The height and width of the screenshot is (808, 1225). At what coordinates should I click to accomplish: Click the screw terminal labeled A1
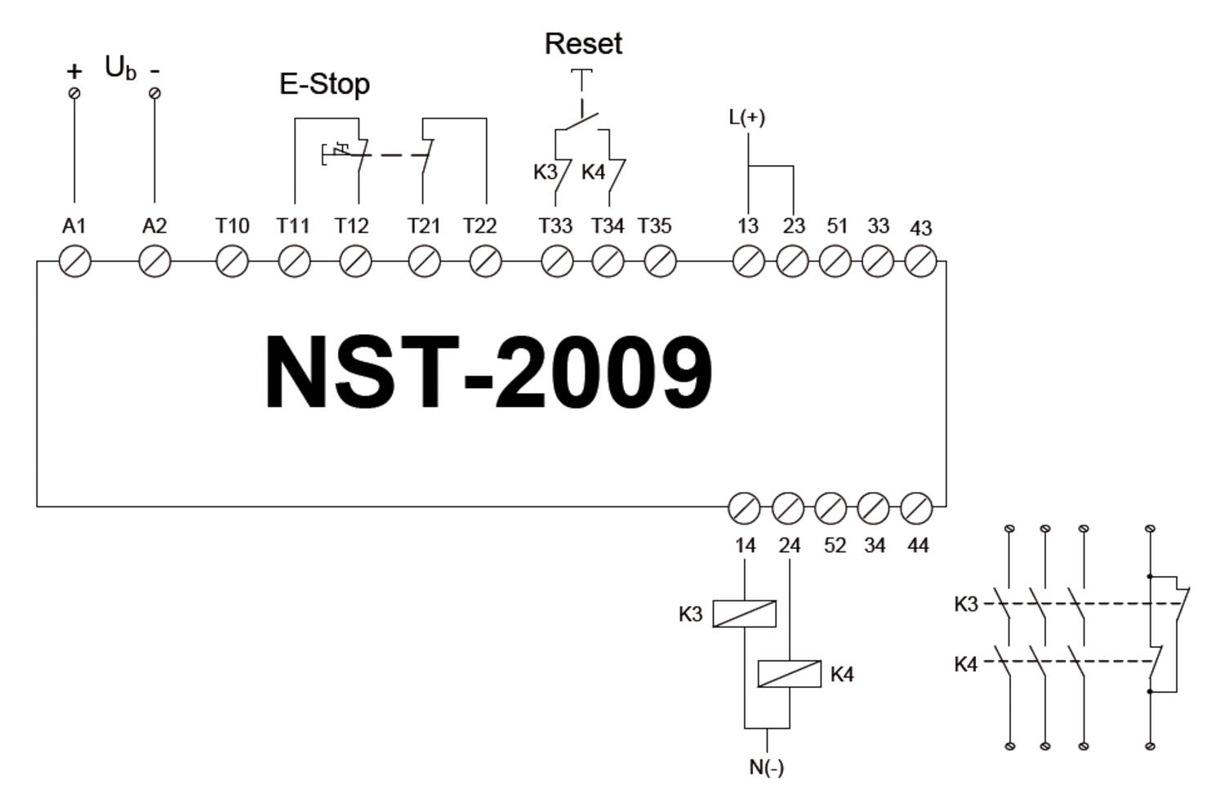pyautogui.click(x=75, y=262)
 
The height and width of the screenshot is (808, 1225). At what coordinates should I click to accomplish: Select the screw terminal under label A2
pyautogui.click(x=154, y=262)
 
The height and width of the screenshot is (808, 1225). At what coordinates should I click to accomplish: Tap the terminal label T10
pyautogui.click(x=232, y=225)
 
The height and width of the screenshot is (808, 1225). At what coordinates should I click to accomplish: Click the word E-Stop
pyautogui.click(x=324, y=84)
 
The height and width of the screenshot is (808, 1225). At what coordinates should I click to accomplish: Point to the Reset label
pyautogui.click(x=583, y=44)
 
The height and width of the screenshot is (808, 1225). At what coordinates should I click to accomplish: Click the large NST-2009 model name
pyautogui.click(x=488, y=373)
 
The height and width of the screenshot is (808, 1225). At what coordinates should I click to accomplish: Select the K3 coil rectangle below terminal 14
pyautogui.click(x=744, y=614)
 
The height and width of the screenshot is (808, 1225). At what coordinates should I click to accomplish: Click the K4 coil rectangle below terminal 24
pyautogui.click(x=789, y=674)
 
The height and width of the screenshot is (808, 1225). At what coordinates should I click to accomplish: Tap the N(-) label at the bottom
pyautogui.click(x=766, y=767)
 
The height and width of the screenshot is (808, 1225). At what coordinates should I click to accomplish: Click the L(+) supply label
pyautogui.click(x=746, y=118)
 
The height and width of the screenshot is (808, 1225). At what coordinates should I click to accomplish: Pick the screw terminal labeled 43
pyautogui.click(x=920, y=262)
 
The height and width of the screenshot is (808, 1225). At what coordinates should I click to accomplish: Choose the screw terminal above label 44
pyautogui.click(x=916, y=507)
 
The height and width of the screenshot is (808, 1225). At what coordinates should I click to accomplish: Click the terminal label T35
pyautogui.click(x=654, y=225)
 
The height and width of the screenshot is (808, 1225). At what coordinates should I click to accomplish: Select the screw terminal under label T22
pyautogui.click(x=486, y=262)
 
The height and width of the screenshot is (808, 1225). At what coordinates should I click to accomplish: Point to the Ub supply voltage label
pyautogui.click(x=120, y=68)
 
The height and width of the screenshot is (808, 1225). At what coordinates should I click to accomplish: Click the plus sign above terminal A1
pyautogui.click(x=74, y=71)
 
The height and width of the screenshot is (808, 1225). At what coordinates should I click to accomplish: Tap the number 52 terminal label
pyautogui.click(x=835, y=545)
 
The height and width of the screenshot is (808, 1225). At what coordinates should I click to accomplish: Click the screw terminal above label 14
pyautogui.click(x=743, y=507)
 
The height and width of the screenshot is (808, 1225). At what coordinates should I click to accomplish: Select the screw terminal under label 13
pyautogui.click(x=748, y=262)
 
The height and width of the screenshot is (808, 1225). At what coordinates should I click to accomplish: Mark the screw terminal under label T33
pyautogui.click(x=557, y=262)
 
